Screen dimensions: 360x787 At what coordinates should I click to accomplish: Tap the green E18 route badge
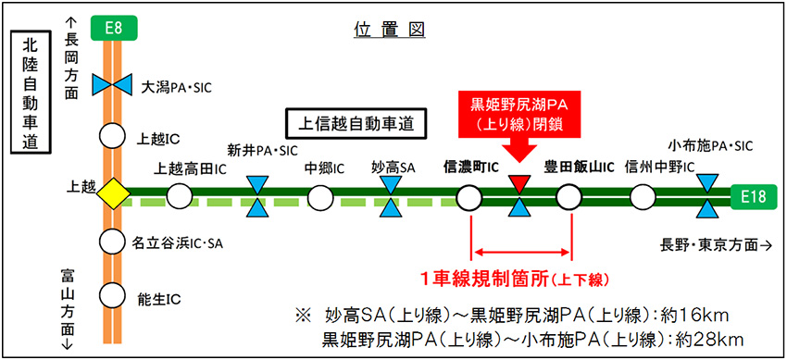[x=753, y=196]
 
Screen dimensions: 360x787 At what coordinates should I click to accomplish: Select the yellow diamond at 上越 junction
[x=113, y=194]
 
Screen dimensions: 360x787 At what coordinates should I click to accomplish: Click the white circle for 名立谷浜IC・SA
[x=113, y=242]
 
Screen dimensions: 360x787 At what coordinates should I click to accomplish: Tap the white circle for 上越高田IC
[x=179, y=195]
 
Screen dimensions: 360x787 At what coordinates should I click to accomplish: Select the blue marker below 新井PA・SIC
[x=256, y=195]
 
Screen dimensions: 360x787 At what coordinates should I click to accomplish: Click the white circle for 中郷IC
[x=319, y=195]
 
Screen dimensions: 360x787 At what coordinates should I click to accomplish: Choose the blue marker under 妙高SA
[x=393, y=195]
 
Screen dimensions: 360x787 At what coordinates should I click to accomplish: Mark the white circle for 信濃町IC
[x=468, y=195]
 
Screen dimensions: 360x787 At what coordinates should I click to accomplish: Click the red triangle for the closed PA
[x=518, y=182]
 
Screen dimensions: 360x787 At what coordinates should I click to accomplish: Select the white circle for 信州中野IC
[x=642, y=195]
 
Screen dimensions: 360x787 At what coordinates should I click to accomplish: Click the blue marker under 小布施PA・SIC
[x=706, y=195]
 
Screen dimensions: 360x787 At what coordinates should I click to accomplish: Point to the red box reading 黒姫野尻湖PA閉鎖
[x=518, y=110]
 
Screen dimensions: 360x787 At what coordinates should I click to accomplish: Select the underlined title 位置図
[x=389, y=29]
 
